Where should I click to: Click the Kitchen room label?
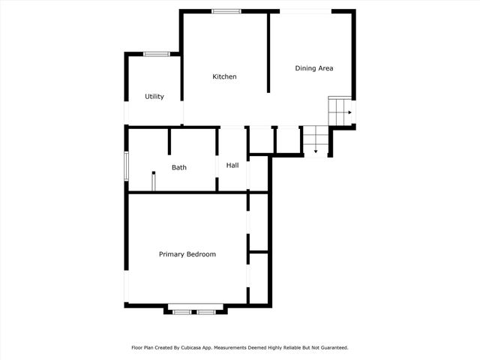[x=224, y=76]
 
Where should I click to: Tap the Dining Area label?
[x=314, y=68]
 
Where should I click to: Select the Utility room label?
[x=154, y=97]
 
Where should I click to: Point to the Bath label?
[x=179, y=167]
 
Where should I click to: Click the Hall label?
[x=232, y=165]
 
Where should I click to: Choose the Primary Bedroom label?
[x=187, y=254]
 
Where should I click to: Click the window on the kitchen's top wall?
[x=226, y=10]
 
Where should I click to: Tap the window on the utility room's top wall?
[x=156, y=53]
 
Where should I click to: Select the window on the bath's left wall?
[x=126, y=166]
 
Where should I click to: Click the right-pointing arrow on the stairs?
[x=349, y=112]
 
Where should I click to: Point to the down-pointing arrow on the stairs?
[x=316, y=151]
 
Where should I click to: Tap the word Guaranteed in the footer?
[x=331, y=348]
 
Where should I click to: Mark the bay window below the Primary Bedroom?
[x=195, y=309]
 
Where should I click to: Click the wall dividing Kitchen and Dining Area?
[x=269, y=52]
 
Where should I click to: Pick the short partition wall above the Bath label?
[x=170, y=140]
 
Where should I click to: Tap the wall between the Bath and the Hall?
[x=218, y=159]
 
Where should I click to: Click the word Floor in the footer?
[x=137, y=348]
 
